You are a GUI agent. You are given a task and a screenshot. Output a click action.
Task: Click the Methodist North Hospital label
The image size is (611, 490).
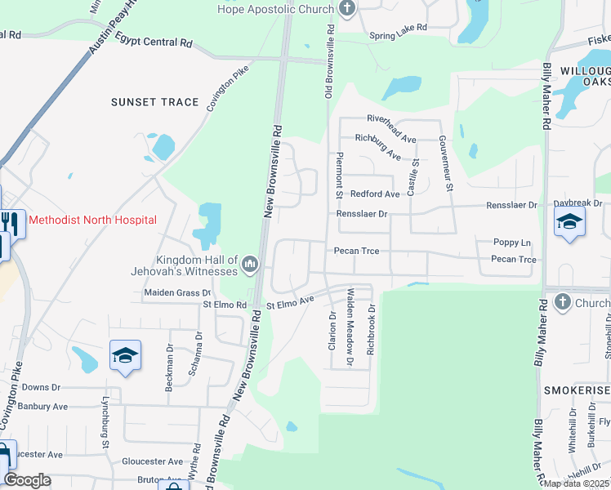click(92, 220)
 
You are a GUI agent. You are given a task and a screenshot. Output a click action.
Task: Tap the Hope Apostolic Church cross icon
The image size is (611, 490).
click(347, 9)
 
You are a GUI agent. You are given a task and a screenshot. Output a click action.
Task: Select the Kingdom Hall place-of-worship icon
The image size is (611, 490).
click(250, 264)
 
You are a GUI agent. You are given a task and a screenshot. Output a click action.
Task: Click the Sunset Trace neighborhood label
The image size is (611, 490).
click(155, 102)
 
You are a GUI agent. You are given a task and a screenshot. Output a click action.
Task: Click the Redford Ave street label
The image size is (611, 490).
click(375, 194)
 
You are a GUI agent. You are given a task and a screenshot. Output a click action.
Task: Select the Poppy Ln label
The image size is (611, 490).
click(512, 243)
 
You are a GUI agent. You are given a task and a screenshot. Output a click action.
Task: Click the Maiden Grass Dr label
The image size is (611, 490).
click(177, 292)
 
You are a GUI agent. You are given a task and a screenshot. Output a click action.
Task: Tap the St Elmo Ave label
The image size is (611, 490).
click(291, 303)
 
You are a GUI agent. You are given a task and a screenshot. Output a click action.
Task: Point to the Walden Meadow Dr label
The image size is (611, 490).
click(350, 326)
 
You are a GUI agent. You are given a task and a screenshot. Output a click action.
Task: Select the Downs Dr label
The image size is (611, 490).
click(41, 387)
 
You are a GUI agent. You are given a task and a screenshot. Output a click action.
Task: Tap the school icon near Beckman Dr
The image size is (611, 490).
click(125, 355)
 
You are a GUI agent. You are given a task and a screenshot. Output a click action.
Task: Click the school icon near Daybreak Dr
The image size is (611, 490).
click(569, 221)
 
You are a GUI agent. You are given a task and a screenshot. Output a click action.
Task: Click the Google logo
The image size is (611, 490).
click(27, 479)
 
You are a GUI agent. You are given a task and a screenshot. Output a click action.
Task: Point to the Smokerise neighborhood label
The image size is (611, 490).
click(576, 391)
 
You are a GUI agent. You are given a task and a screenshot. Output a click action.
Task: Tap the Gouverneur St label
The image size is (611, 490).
click(448, 163)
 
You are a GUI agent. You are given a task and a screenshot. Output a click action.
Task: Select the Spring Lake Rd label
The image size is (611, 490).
click(398, 27)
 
